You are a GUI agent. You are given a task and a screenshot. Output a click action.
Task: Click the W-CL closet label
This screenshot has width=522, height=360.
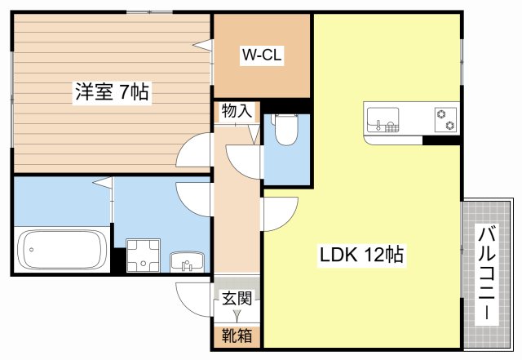[x=262, y=55]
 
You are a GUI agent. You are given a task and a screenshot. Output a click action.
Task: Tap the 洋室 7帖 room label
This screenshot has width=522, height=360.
[x=112, y=91]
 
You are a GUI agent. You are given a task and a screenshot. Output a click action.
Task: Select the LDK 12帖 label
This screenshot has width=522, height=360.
[x=361, y=255]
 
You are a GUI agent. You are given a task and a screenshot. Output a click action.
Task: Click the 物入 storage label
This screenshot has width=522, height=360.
[x=237, y=111]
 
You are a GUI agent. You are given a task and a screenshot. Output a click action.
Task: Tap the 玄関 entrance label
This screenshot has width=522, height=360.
[x=237, y=298]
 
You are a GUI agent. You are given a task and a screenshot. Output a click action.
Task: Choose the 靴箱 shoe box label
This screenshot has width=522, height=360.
[x=237, y=336]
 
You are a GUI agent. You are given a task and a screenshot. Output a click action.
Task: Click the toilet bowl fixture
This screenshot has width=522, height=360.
[x=286, y=130]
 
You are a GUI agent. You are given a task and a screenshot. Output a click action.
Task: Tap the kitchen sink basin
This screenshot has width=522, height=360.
[x=383, y=119]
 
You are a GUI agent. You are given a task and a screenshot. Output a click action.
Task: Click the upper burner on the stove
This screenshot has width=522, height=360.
[x=441, y=114]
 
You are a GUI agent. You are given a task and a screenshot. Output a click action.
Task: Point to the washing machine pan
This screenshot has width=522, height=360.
[x=144, y=256]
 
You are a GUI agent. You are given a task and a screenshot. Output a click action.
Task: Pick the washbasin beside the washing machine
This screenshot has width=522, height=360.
[x=187, y=262]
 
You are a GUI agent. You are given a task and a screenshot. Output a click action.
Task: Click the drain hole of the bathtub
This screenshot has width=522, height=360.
[x=32, y=250]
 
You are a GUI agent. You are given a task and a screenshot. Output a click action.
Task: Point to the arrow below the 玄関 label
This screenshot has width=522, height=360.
[x=237, y=315]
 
